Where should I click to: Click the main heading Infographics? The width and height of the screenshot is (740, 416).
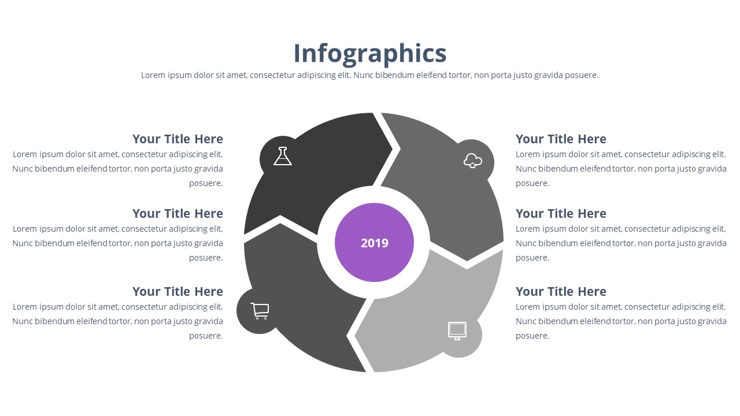(x=370, y=54)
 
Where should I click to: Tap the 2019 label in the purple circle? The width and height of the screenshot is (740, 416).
(x=374, y=243)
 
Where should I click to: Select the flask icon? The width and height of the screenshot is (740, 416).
(x=283, y=156)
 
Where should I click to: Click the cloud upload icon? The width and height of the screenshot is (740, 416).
(x=473, y=161)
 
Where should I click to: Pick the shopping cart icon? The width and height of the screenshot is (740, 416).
(x=260, y=311)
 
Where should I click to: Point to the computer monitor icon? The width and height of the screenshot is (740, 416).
(x=457, y=331)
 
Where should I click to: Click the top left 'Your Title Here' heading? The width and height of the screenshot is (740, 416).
(x=177, y=139)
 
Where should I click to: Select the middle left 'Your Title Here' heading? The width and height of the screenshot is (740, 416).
(x=177, y=214)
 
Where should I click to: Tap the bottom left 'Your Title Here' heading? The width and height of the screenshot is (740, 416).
(x=177, y=292)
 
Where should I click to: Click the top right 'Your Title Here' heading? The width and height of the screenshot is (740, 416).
(x=561, y=139)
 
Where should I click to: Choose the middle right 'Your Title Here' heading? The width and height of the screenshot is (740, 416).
(x=561, y=214)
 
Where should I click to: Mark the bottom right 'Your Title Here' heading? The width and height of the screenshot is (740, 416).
(x=561, y=292)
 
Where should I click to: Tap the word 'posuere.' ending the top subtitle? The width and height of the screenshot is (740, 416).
(x=582, y=76)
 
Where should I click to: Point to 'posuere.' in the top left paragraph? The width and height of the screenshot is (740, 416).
(x=206, y=184)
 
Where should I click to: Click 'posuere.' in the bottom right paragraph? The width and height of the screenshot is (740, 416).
(x=532, y=336)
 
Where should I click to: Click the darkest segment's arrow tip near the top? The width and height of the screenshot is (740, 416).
(x=392, y=149)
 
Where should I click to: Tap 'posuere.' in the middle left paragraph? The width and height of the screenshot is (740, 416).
(x=206, y=258)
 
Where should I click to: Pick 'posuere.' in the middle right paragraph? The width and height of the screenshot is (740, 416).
(x=532, y=258)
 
